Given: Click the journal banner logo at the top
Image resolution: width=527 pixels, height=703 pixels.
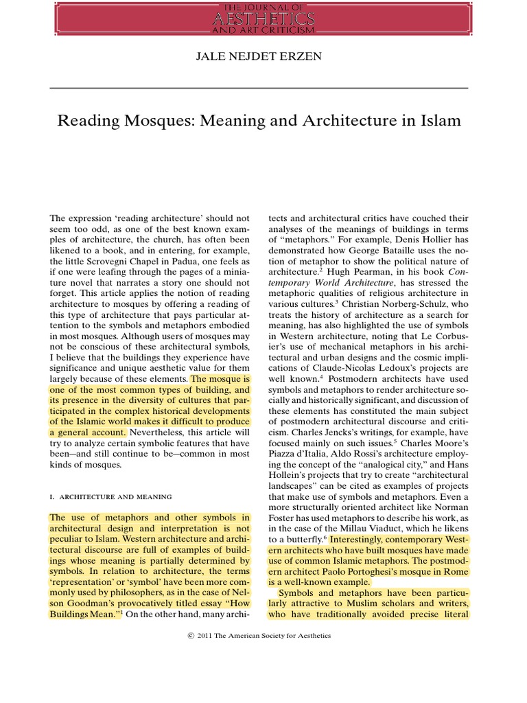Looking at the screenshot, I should [x=263, y=19].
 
